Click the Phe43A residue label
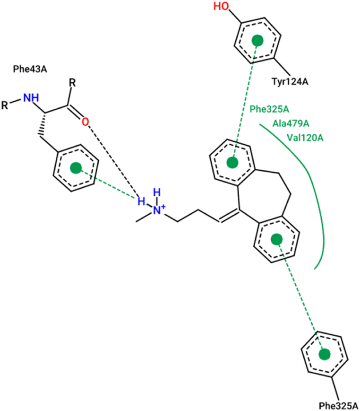point(33,68)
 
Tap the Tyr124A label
point(289,82)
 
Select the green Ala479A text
point(291,124)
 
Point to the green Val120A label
point(305,138)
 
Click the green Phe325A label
point(269,110)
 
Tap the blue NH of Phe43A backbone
point(31,97)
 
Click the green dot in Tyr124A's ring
point(257,41)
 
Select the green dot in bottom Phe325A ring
point(324,355)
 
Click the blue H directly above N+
point(157,192)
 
